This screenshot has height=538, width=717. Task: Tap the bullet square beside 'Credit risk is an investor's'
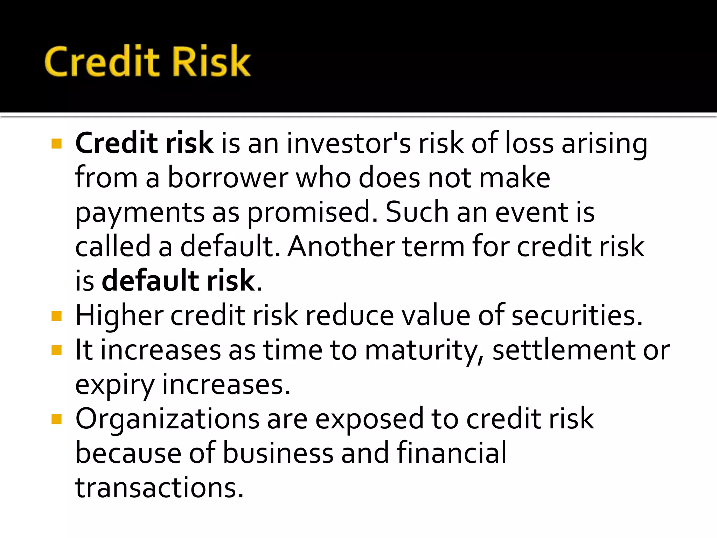click(x=56, y=144)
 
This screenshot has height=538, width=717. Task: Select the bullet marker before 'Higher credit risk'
click(x=56, y=316)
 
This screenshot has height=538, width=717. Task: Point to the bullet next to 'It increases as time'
click(x=56, y=350)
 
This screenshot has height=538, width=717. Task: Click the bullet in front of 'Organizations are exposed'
click(x=56, y=419)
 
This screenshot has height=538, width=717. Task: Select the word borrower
click(x=228, y=178)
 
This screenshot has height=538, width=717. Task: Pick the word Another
click(x=341, y=247)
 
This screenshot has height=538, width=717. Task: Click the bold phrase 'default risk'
click(x=178, y=281)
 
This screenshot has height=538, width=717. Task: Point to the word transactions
click(x=159, y=488)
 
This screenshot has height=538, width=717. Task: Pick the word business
click(x=278, y=453)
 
